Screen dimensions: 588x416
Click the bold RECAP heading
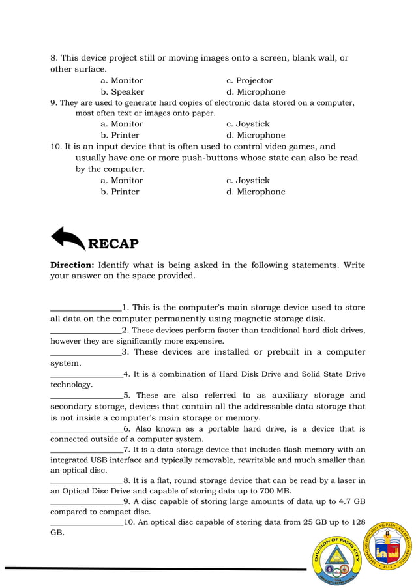(x=113, y=244)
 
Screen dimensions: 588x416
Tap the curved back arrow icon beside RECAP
(x=67, y=239)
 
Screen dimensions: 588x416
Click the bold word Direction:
(x=73, y=265)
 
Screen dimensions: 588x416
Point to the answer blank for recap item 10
(x=86, y=523)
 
